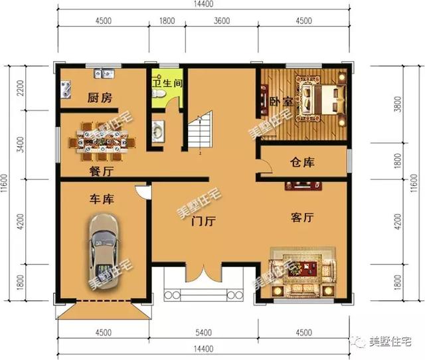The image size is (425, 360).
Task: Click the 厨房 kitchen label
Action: click(100, 98)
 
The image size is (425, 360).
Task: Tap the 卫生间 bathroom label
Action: click(167, 83)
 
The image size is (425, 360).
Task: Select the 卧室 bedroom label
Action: click(281, 102)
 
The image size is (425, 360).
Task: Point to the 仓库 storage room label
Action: click(302, 162)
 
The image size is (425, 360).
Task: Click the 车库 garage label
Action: click(102, 199)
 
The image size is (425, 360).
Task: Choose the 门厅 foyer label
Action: click(204, 221)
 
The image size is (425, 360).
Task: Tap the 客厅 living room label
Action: click(302, 217)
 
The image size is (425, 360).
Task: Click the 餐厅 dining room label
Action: click(101, 171)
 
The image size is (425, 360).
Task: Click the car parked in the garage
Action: click(104, 251)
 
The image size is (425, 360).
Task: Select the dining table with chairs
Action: click(102, 141)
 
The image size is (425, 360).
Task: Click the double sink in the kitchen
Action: click(104, 74)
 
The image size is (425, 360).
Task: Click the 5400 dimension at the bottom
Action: click(203, 332)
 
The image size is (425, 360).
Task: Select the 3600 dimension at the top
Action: click(222, 21)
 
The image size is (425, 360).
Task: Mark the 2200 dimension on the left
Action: click(21, 88)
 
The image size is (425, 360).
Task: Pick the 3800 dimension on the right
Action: click(398, 104)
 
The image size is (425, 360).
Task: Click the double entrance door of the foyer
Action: click(203, 272)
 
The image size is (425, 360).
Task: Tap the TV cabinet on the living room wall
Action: click(303, 186)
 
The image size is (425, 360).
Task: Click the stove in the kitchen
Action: click(66, 89)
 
